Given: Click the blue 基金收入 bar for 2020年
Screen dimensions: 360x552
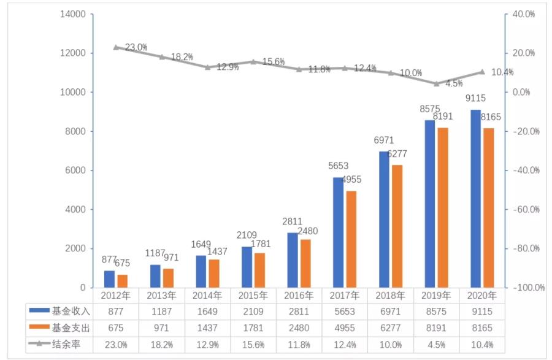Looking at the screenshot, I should coord(475,199).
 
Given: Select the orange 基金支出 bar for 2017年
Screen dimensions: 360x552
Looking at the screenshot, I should coord(351,239).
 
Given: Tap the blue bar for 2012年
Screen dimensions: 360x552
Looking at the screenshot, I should coord(109,279).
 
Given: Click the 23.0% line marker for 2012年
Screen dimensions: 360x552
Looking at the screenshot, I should coord(116,47).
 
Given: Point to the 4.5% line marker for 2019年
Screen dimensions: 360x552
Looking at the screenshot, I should coord(436,83).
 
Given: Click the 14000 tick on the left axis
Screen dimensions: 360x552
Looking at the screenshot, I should coord(73,13).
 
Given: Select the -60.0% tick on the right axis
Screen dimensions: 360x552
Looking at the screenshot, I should coord(526,209).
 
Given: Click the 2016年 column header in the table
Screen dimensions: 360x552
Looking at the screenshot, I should coord(299,295).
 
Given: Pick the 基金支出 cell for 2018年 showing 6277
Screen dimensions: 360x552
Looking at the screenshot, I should coord(391,327).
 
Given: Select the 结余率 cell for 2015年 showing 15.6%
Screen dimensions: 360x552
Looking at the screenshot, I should coord(253,344).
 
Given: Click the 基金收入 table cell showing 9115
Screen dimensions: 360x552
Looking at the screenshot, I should coord(482,312).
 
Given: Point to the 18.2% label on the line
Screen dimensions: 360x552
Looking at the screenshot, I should coord(182,57).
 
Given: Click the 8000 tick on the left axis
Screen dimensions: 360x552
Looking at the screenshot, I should coord(75,131).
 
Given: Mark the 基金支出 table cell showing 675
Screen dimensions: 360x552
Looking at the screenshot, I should coord(115,327).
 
